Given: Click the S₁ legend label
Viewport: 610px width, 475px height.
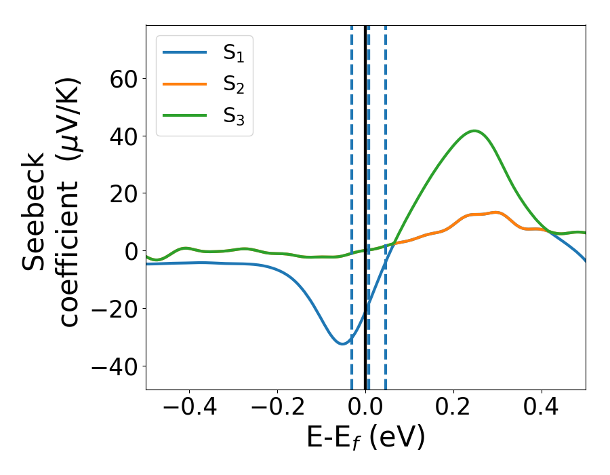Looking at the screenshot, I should point(233,53).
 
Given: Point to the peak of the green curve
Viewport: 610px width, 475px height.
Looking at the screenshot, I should point(474,131).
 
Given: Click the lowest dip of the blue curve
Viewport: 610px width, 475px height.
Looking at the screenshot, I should point(342,344).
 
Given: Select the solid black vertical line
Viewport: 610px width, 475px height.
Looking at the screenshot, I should point(365,204).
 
